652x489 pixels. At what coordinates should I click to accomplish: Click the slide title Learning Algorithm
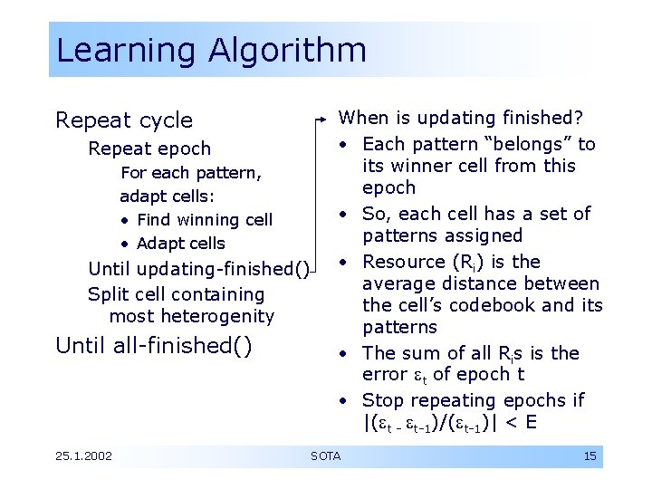point(211,50)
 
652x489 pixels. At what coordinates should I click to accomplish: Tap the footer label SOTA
point(325,455)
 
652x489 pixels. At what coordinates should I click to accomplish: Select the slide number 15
point(590,455)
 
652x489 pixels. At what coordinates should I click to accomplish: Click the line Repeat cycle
point(124,120)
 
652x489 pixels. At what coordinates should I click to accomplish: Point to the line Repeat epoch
point(149,149)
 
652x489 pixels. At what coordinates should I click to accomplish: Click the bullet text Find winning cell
point(204,220)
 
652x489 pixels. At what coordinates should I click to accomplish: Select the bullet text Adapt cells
point(180,244)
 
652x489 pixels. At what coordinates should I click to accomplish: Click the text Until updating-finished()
point(198,269)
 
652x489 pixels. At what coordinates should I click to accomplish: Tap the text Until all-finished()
point(153,345)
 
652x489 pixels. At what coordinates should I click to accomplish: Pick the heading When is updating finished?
point(460,118)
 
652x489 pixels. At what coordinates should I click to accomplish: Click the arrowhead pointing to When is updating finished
point(327,119)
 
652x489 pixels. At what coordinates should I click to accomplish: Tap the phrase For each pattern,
point(191,172)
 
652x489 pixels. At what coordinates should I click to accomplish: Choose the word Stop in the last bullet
point(382,400)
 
